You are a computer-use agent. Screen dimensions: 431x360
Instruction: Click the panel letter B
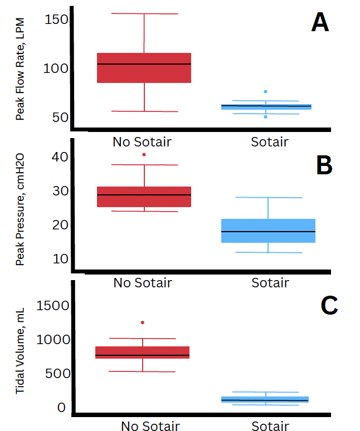pyautogui.click(x=324, y=165)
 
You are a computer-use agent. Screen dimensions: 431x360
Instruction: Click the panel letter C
pyautogui.click(x=329, y=305)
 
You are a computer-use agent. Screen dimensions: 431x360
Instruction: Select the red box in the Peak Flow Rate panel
pyautogui.click(x=144, y=68)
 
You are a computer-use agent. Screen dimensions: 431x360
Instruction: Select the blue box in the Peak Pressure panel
pyautogui.click(x=268, y=231)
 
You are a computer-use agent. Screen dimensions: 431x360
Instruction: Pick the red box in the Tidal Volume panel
pyautogui.click(x=143, y=352)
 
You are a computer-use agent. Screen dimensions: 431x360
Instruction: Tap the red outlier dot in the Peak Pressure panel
pyautogui.click(x=144, y=154)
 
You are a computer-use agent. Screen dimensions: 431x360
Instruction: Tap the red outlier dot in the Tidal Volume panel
pyautogui.click(x=143, y=322)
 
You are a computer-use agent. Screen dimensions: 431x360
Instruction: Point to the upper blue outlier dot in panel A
pyautogui.click(x=266, y=91)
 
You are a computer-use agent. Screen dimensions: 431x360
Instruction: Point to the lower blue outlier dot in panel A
pyautogui.click(x=266, y=116)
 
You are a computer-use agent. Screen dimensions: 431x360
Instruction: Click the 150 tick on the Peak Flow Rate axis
pyautogui.click(x=56, y=20)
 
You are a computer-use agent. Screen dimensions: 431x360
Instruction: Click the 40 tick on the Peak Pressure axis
pyautogui.click(x=56, y=156)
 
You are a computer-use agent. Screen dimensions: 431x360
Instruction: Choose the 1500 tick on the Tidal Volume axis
pyautogui.click(x=53, y=305)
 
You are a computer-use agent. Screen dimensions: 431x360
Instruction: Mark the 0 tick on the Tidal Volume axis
pyautogui.click(x=61, y=408)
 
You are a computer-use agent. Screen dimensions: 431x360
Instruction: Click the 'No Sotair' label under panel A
pyautogui.click(x=142, y=141)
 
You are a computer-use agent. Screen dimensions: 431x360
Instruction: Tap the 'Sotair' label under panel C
pyautogui.click(x=270, y=427)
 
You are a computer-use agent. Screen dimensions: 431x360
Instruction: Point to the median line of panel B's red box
pyautogui.click(x=144, y=195)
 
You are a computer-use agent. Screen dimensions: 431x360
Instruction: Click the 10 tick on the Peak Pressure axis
pyautogui.click(x=56, y=258)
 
